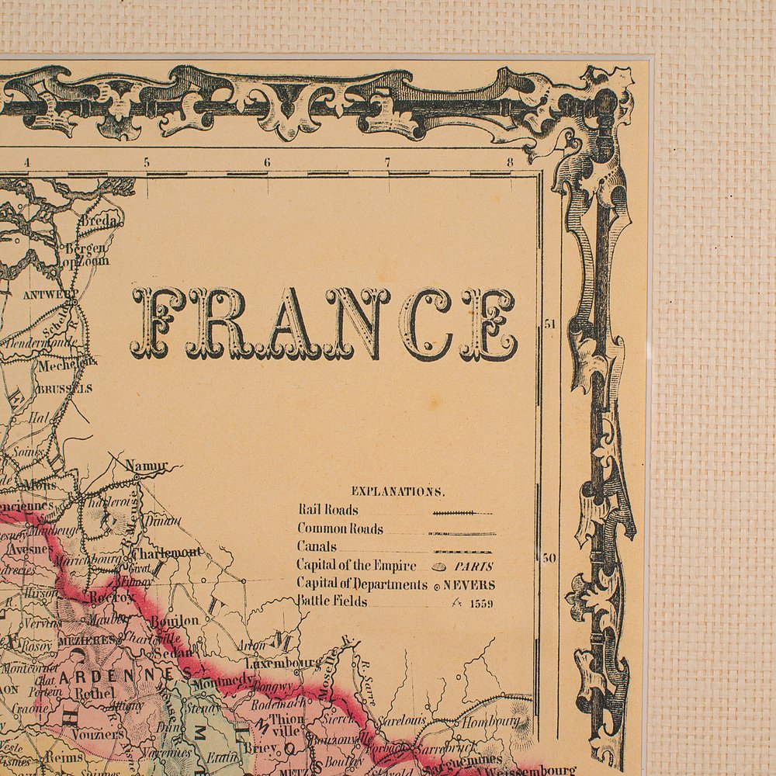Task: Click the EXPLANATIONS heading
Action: (x=398, y=491)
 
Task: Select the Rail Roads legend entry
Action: (x=328, y=510)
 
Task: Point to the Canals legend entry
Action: (x=316, y=546)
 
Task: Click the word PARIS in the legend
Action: (x=474, y=566)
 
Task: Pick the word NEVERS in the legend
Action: (x=469, y=585)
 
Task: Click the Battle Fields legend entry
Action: (x=332, y=601)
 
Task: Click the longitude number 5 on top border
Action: (x=145, y=162)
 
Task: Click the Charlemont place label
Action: (x=166, y=553)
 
